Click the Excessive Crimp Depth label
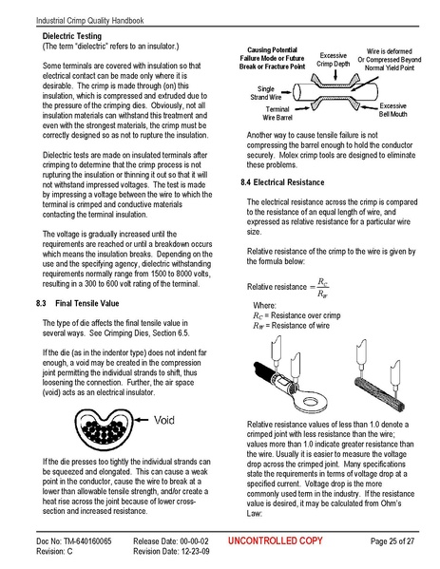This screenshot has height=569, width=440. [333, 61]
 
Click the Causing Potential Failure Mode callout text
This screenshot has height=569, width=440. [272, 57]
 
